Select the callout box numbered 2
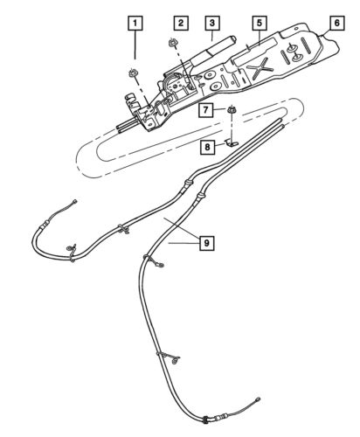179,20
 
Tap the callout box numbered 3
211,20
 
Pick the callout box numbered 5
257,20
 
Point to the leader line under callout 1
134,48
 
